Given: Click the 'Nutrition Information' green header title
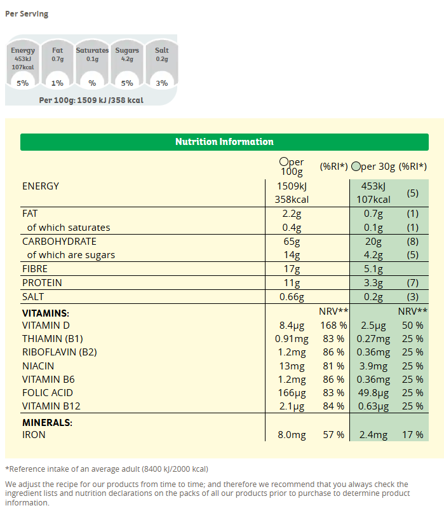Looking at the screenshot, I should click(224, 142).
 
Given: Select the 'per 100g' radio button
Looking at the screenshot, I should click(283, 162).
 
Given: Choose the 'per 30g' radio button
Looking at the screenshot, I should click(355, 167).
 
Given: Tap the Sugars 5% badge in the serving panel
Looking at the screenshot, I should click(127, 83).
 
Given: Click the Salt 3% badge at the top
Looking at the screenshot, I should click(162, 83).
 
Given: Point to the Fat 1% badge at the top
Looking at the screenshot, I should click(57, 83).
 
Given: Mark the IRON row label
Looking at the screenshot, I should click(34, 435).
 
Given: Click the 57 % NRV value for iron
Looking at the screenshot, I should click(335, 435).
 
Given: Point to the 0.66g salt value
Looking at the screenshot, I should click(292, 297).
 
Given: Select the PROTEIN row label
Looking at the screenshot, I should click(42, 283).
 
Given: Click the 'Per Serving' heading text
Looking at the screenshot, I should click(27, 14).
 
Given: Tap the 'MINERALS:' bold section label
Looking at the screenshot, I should click(47, 422).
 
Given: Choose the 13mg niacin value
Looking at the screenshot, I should click(292, 366).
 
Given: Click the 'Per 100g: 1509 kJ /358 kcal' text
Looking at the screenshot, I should click(91, 100).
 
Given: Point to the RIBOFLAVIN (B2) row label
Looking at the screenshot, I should click(60, 352).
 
